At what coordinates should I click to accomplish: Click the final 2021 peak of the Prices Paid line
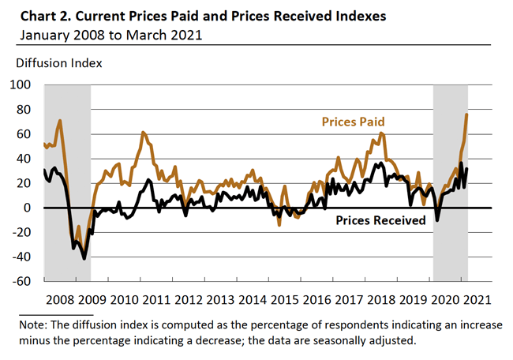pyautogui.click(x=466, y=114)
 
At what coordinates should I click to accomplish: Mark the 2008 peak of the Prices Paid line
pyautogui.click(x=60, y=121)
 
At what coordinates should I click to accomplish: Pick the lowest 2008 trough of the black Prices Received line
pyautogui.click(x=84, y=258)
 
